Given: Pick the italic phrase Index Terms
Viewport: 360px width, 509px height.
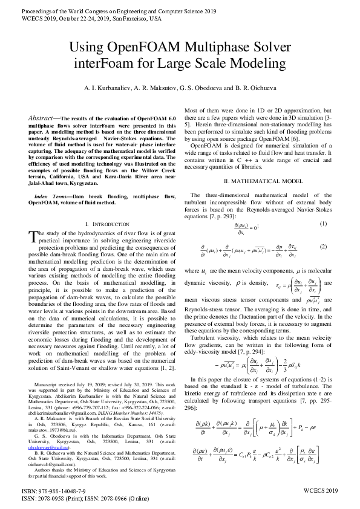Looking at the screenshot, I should point(52,196).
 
